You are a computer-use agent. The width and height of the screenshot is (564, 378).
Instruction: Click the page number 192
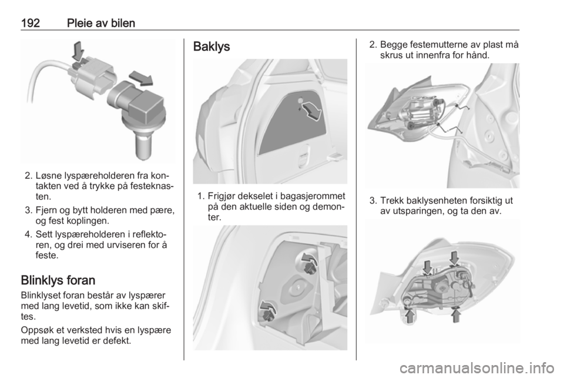[x=31, y=23]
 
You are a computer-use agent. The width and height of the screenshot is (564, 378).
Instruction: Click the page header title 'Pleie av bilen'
[x=101, y=23]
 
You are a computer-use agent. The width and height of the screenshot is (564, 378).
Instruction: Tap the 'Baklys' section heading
[x=211, y=47]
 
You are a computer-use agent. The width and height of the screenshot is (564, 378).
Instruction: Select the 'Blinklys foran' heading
[x=58, y=280]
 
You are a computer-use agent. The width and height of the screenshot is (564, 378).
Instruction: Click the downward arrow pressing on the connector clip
[x=78, y=51]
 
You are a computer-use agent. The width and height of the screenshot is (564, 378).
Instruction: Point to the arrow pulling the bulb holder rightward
[x=141, y=78]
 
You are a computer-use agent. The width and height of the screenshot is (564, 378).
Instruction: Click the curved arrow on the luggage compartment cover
[x=310, y=111]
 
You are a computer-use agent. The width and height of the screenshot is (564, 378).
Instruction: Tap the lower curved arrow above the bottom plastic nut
[x=268, y=307]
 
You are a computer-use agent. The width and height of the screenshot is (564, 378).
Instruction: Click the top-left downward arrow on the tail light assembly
[x=427, y=267]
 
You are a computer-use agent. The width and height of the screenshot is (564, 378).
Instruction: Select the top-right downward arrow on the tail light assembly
[x=454, y=258]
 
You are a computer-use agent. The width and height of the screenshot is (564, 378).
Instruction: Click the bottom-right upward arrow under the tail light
[x=456, y=316]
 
